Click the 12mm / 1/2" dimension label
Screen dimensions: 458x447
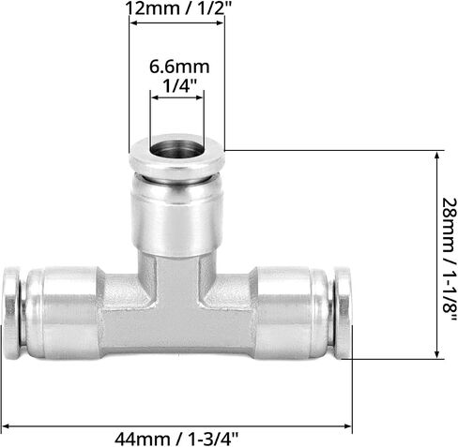178,8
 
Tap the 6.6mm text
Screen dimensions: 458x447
179,67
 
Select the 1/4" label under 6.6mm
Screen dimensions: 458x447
180,85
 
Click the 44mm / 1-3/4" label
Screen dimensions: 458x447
176,440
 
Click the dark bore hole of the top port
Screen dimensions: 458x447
176,148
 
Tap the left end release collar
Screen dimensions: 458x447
12,313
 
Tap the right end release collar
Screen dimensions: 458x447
343,313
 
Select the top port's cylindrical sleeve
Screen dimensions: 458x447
177,215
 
